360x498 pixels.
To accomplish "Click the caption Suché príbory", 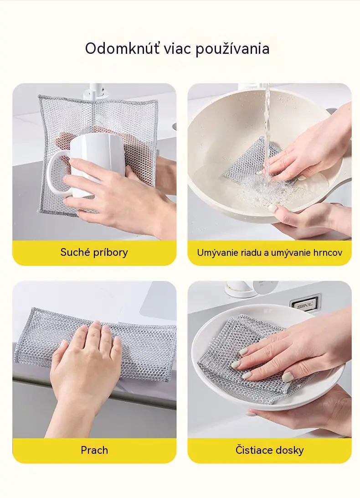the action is [94, 253].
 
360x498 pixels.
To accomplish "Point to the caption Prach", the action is [94, 450].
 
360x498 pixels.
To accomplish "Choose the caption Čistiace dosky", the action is [269, 450].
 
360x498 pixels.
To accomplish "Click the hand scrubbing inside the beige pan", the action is [305, 146].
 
